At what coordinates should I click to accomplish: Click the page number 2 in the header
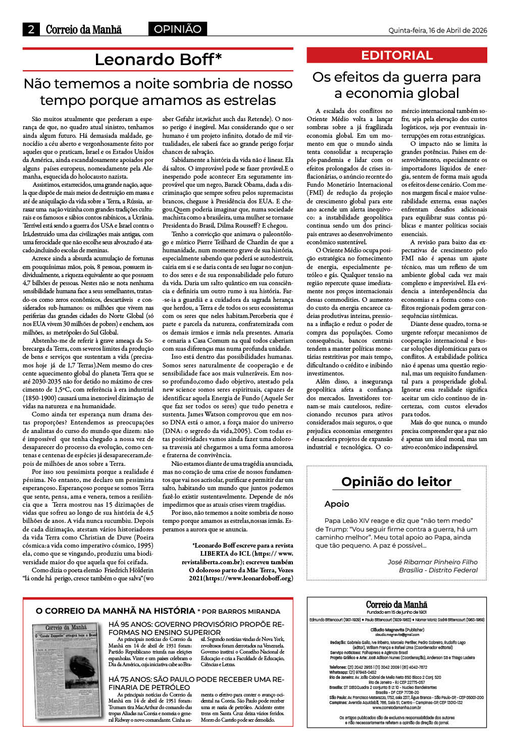31,29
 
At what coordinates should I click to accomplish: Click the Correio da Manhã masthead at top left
83,29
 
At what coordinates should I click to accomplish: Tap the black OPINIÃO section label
177,29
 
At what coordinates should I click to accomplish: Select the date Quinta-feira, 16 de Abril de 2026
437,30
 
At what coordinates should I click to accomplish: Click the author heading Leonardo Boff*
158,60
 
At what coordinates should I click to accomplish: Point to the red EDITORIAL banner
397,55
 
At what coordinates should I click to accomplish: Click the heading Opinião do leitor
396,481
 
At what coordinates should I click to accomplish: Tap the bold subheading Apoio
337,504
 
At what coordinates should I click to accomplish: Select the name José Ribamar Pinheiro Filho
432,562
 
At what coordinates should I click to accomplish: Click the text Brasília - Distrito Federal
438,570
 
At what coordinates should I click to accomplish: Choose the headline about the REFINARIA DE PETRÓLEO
196,683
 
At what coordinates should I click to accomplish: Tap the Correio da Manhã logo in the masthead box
396,605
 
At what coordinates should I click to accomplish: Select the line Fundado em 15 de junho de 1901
396,612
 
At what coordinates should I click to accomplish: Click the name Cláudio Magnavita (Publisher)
397,630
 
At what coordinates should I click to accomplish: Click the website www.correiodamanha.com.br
397,708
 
